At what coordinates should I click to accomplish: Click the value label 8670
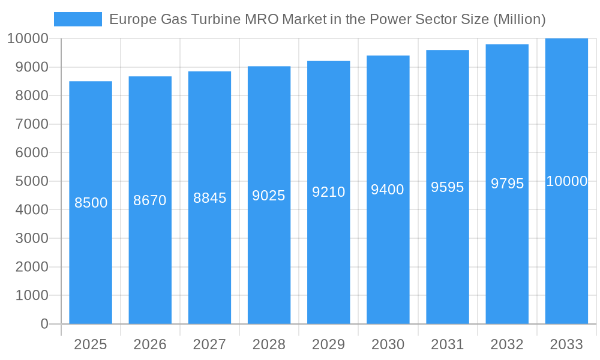click(150, 200)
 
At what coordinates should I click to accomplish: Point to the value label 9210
click(329, 192)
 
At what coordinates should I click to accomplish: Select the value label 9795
click(507, 184)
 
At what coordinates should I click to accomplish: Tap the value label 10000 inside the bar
click(566, 181)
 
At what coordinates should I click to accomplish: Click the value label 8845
click(209, 198)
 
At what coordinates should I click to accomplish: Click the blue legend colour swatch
click(78, 19)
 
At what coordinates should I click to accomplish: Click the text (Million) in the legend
click(519, 19)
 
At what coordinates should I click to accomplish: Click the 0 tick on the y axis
click(44, 324)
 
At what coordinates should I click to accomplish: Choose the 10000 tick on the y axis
click(28, 38)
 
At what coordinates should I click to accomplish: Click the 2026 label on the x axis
click(150, 344)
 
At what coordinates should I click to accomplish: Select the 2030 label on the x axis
click(388, 344)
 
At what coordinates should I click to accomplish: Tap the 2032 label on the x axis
click(507, 344)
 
